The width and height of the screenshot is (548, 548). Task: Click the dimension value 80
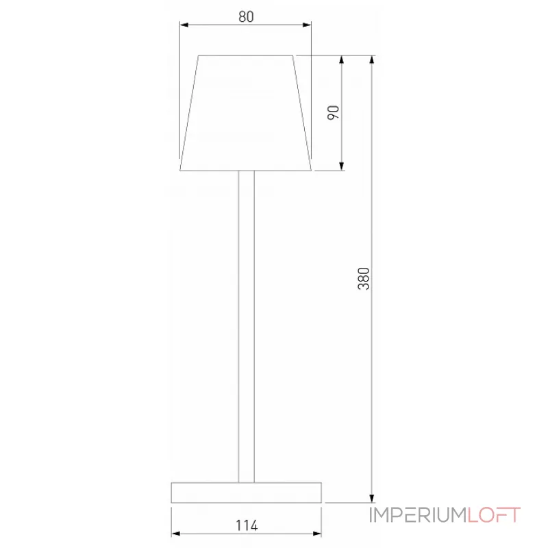point(247,17)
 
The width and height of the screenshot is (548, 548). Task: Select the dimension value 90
point(334,113)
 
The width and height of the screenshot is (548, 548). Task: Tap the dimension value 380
point(364,278)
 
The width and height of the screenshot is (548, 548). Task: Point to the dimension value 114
point(247,525)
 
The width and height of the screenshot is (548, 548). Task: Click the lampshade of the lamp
point(246,113)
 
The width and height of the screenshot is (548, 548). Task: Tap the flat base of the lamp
point(247,492)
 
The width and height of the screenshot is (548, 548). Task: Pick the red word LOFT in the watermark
point(494,515)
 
